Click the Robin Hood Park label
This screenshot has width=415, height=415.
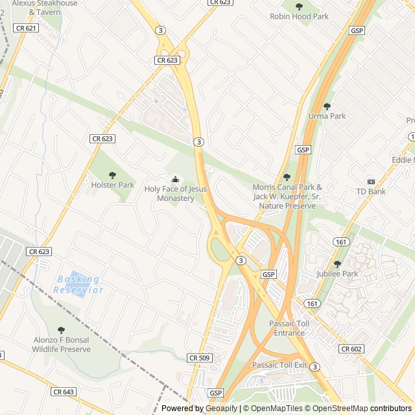tap(299, 17)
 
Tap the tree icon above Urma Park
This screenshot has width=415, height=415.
tap(327, 106)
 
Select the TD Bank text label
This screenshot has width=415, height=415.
tap(371, 191)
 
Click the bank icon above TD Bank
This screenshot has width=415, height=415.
tap(371, 181)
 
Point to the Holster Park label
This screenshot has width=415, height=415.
tap(113, 185)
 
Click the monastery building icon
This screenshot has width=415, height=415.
tap(175, 179)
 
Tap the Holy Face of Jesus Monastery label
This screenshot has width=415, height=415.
tap(175, 193)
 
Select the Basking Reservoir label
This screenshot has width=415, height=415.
tap(78, 285)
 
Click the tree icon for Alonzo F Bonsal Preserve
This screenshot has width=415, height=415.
tap(62, 330)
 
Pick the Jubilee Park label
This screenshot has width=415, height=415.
tap(337, 274)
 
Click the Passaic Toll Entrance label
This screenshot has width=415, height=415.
tap(289, 328)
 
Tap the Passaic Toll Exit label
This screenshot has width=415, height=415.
tap(279, 365)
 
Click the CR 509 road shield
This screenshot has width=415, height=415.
tap(199, 357)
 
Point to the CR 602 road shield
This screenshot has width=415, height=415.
tap(351, 349)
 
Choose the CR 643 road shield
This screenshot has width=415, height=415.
tap(64, 392)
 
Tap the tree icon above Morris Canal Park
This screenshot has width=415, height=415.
tap(287, 177)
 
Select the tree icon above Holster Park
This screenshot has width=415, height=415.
tap(113, 174)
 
